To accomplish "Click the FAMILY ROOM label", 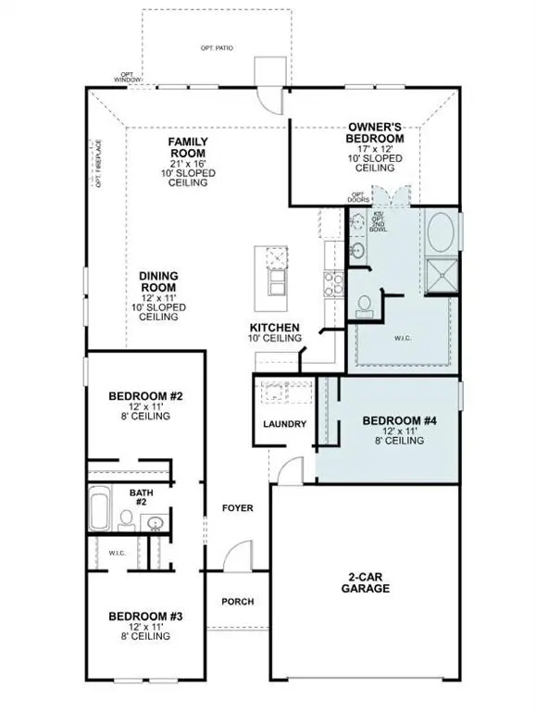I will (187, 147).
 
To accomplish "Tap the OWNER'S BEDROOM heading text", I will (374, 131).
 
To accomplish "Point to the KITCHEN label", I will (274, 328).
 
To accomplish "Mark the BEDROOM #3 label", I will (145, 617).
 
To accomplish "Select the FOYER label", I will (238, 508).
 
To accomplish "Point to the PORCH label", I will (238, 601).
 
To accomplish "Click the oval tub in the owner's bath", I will (441, 230).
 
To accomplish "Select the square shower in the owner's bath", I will (440, 273).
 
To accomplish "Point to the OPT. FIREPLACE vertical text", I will (98, 165).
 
